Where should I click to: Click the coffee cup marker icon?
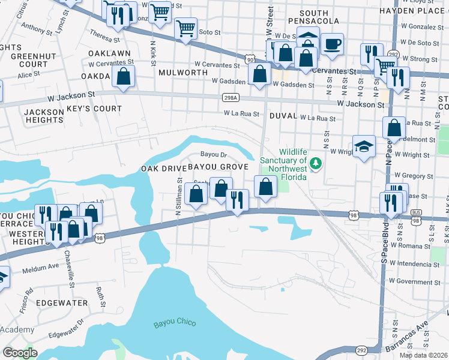click(332, 44)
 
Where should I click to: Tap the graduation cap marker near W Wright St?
click(364, 147)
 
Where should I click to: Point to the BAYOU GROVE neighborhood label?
click(218, 166)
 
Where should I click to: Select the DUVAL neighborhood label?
click(284, 115)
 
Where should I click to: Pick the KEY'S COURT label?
click(94, 109)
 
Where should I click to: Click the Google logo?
click(20, 352)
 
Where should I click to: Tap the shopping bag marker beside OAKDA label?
click(123, 77)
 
